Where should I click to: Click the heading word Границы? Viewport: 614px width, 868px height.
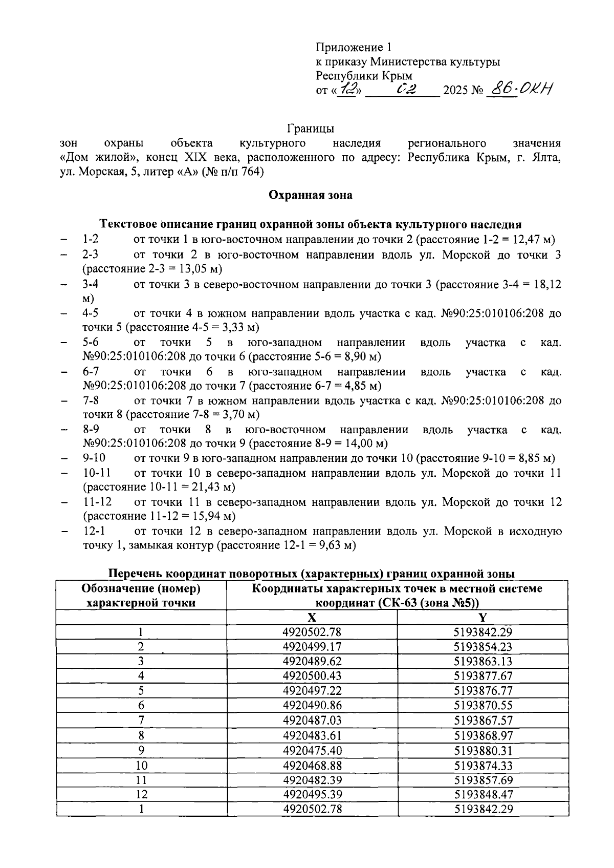pyautogui.click(x=311, y=128)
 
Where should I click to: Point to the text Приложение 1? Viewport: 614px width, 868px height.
pyautogui.click(x=353, y=48)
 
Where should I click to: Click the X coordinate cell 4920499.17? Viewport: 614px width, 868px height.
pyautogui.click(x=312, y=647)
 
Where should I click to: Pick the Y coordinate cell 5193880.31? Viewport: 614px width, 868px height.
pyautogui.click(x=483, y=751)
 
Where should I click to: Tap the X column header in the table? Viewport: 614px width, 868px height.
pyautogui.click(x=311, y=617)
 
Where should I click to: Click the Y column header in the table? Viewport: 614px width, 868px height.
pyautogui.click(x=483, y=617)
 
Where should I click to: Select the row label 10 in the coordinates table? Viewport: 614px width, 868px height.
pyautogui.click(x=141, y=766)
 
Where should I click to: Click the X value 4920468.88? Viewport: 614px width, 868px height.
pyautogui.click(x=312, y=766)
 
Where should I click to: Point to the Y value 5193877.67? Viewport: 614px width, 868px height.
pyautogui.click(x=483, y=676)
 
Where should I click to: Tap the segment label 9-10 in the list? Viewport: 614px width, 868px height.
pyautogui.click(x=94, y=458)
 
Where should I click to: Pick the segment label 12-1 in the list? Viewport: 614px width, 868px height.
pyautogui.click(x=94, y=531)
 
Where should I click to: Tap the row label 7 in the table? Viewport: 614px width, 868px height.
pyautogui.click(x=141, y=721)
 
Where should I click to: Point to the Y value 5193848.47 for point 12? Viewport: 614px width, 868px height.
pyautogui.click(x=483, y=795)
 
